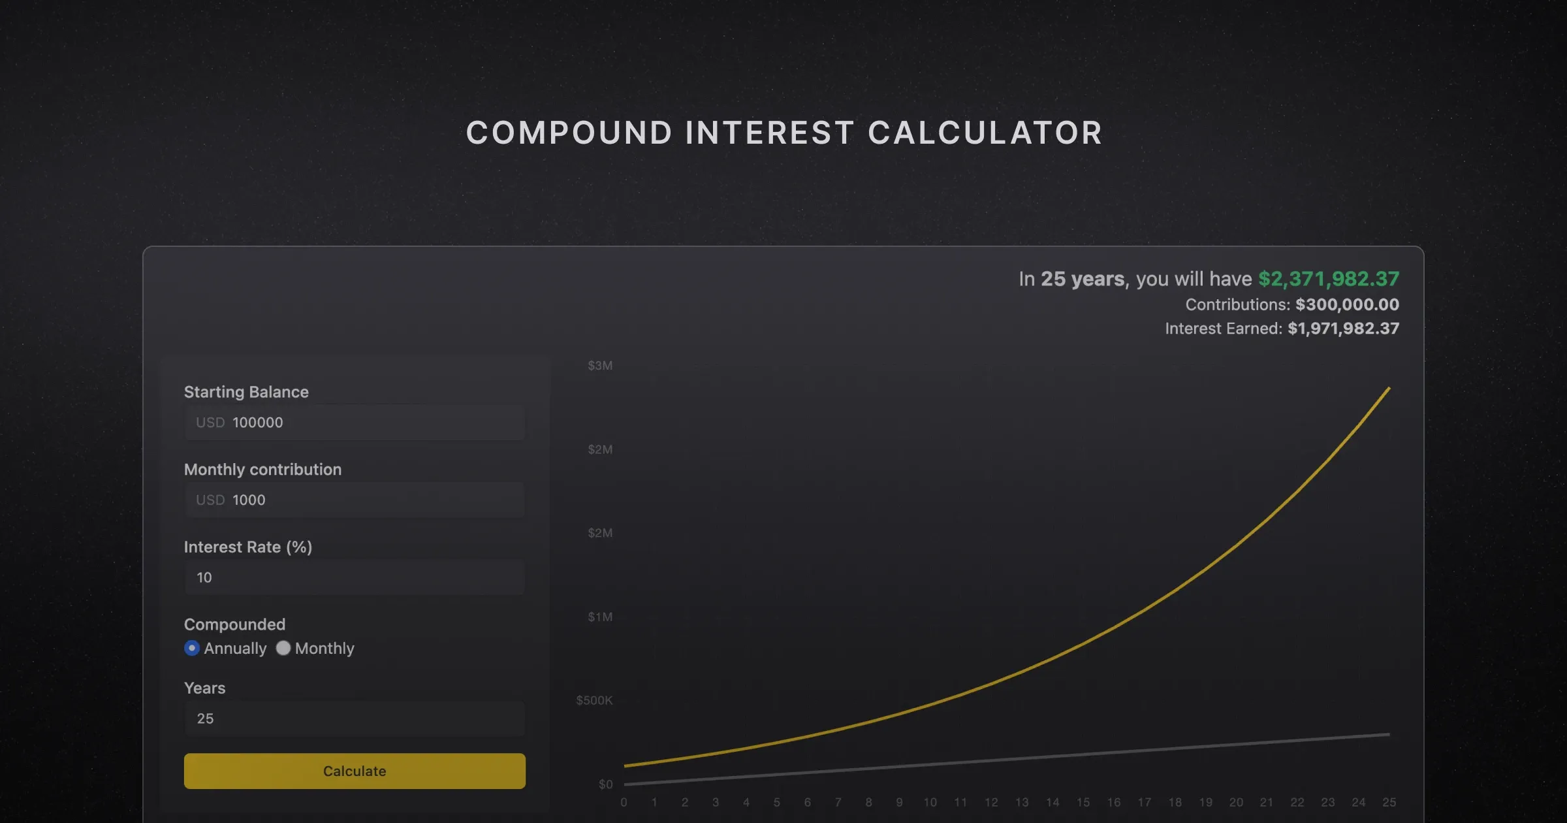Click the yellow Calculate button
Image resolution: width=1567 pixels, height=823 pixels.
(x=355, y=771)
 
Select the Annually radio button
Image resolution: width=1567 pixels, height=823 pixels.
(x=192, y=648)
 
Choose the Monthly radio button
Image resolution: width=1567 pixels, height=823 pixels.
(x=283, y=648)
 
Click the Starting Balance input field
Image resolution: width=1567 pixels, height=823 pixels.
(x=355, y=423)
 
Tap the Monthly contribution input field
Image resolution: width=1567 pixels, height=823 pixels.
(x=355, y=500)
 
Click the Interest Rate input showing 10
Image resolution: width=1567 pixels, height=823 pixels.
(x=355, y=577)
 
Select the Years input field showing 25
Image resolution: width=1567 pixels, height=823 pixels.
(x=355, y=718)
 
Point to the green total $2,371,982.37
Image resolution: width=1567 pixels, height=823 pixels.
(x=1329, y=279)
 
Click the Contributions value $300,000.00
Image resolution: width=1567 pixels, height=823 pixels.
(x=1347, y=304)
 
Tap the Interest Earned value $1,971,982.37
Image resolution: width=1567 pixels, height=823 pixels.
(x=1343, y=329)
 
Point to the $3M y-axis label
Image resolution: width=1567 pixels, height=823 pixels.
(x=600, y=366)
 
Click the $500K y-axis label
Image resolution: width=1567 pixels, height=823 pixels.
(x=594, y=700)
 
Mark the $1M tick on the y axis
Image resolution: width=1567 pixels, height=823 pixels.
(x=600, y=617)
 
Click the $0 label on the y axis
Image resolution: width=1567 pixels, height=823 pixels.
(x=605, y=784)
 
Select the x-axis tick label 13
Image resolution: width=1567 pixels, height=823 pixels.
(x=1022, y=802)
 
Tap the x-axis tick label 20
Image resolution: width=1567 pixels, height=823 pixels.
(x=1236, y=802)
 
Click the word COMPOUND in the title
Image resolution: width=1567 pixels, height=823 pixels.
(x=569, y=133)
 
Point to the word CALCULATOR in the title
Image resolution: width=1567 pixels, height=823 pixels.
(x=985, y=133)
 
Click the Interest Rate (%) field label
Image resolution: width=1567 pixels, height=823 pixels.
(x=248, y=547)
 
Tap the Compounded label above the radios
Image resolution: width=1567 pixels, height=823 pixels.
(x=234, y=624)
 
